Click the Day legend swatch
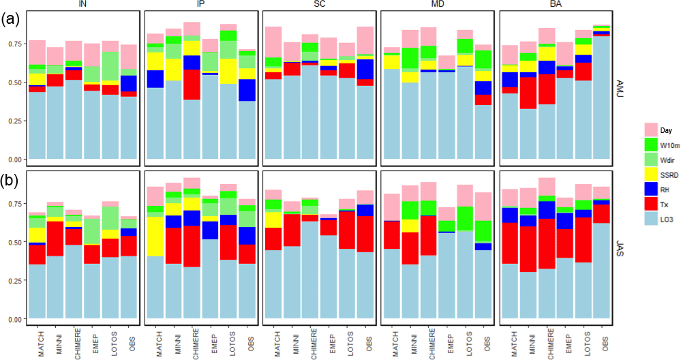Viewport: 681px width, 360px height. pos(650,129)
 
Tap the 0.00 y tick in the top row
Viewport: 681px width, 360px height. pos(14,160)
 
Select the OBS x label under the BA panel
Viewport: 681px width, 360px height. pos(603,338)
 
